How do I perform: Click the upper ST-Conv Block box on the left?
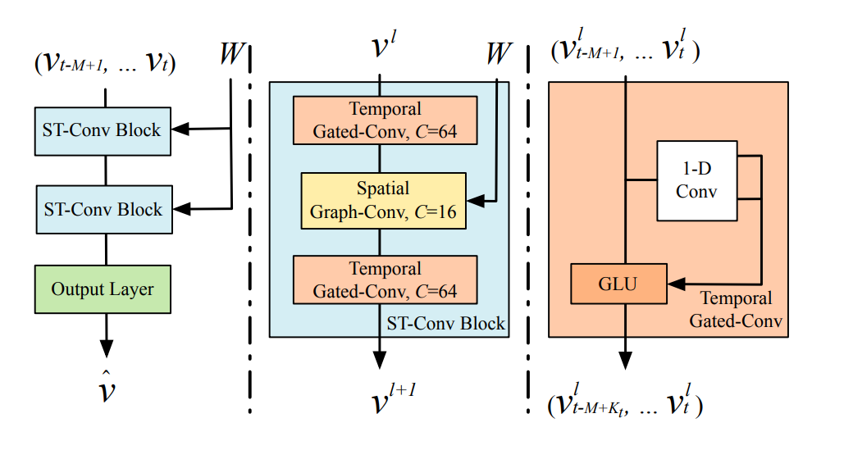(103, 130)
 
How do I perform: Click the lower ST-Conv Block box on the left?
(103, 211)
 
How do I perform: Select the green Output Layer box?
(103, 289)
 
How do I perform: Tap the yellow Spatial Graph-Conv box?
(383, 200)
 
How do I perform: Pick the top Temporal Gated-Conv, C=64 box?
(385, 120)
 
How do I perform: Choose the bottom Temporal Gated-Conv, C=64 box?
(385, 280)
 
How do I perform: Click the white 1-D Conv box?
(697, 180)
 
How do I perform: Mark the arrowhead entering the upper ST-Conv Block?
(181, 128)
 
